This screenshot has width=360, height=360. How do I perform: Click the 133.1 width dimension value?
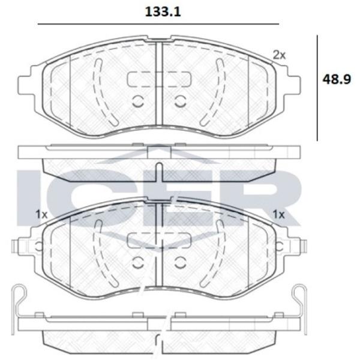coord(163,12)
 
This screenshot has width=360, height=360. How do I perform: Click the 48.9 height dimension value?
coord(337,79)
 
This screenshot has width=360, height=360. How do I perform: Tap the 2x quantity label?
coord(279,55)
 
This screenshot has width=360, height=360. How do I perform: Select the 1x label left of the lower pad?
coord(41,215)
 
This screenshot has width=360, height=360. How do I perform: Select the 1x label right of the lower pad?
coord(278,215)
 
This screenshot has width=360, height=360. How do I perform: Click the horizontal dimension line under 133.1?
coord(158,24)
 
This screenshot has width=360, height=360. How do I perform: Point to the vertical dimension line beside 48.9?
coord(317,88)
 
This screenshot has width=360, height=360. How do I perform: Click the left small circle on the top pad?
coord(138,101)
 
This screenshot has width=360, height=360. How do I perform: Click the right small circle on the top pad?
coord(180,101)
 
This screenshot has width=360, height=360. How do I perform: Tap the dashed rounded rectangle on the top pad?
coord(159,79)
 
